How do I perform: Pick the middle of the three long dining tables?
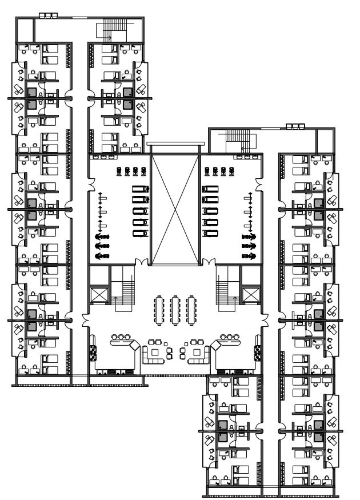(x=175, y=309)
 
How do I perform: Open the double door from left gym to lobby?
(x=142, y=263)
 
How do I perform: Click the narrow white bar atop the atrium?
(x=174, y=145)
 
